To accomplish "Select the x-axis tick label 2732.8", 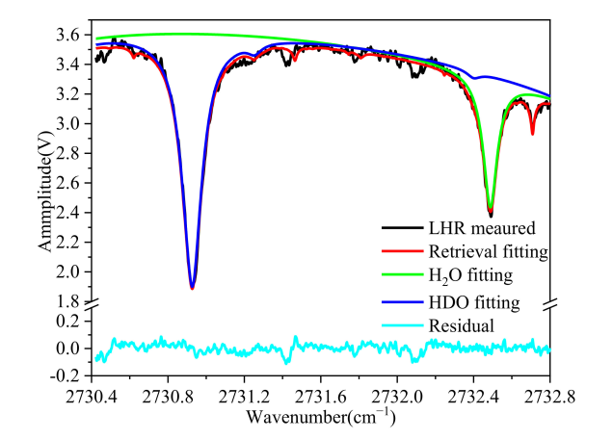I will [x=549, y=395].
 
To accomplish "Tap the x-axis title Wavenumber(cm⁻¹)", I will [x=321, y=418].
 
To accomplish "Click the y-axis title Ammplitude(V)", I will [x=44, y=193].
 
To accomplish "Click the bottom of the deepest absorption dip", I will [x=192, y=287].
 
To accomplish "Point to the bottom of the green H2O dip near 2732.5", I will [x=490, y=209].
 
